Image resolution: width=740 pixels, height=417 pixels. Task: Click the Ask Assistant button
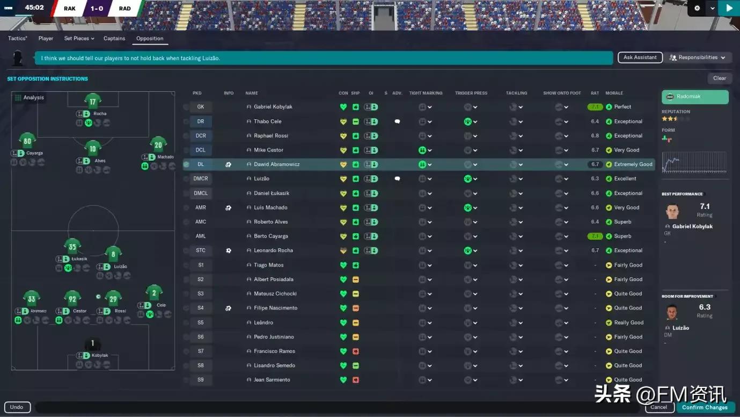click(x=640, y=57)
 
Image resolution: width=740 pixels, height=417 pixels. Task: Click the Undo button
click(x=17, y=407)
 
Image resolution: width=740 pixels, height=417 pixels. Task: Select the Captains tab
click(x=114, y=39)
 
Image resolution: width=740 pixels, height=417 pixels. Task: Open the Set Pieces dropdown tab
click(x=79, y=39)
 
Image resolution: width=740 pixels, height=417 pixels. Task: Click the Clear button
click(x=719, y=78)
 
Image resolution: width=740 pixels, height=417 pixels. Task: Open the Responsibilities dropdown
click(x=697, y=57)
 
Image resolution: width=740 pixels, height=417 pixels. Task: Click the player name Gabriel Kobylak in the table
click(x=273, y=107)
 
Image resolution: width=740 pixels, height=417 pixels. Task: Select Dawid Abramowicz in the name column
click(x=277, y=164)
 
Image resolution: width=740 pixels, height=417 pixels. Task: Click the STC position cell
click(x=201, y=250)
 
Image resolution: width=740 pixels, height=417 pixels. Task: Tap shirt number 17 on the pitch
click(x=93, y=102)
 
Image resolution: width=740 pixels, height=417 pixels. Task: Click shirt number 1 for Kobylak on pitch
click(x=92, y=344)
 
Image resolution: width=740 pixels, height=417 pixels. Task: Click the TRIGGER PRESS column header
click(x=471, y=94)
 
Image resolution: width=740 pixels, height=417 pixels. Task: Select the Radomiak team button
click(x=695, y=97)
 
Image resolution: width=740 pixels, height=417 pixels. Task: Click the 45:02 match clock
click(x=34, y=8)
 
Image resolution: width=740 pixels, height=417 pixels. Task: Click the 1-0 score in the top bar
click(x=97, y=9)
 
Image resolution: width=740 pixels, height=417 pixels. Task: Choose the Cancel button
click(x=658, y=407)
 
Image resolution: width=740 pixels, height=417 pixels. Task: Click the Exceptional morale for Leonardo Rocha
click(x=628, y=250)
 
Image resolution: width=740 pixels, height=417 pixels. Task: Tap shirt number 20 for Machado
click(x=158, y=145)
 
